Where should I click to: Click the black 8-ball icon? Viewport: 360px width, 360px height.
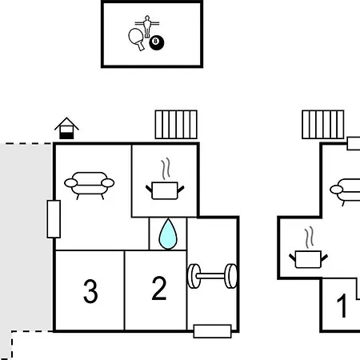coord(157,43)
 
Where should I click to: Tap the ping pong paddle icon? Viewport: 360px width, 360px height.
coord(136,38)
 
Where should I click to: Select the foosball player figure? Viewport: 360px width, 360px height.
coord(147,26)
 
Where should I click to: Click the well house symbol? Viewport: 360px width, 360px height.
coord(66,128)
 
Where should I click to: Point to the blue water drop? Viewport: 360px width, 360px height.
coord(168,234)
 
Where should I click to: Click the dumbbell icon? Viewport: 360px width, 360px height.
coord(212,276)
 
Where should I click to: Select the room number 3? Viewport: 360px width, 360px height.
coord(90,291)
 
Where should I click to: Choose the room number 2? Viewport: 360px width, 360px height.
coord(159,288)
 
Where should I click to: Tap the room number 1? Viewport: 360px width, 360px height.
coord(342,306)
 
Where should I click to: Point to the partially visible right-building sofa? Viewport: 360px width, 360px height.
coord(345,192)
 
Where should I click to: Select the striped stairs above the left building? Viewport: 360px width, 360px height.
coord(176,125)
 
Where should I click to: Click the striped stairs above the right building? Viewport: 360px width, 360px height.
coord(323,125)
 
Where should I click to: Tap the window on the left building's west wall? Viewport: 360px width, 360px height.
coord(54,219)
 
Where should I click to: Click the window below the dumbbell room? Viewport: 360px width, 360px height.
coord(212,331)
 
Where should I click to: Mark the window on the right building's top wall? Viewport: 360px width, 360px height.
coord(354,143)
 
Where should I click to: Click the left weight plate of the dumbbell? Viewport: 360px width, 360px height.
coord(194,276)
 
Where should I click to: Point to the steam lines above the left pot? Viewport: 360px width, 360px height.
coord(166,169)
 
